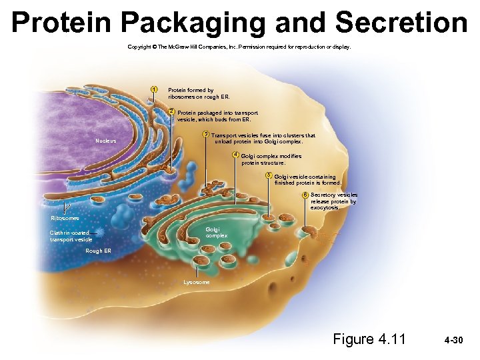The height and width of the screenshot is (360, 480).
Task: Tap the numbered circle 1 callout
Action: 153,89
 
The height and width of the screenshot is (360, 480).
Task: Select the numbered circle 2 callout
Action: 171,111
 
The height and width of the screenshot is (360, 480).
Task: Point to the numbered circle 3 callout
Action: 205,135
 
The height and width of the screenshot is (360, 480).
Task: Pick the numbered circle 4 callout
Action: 235,155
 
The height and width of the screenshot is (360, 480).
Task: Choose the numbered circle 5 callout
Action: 268,175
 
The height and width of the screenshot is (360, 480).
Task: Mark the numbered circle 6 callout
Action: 304,195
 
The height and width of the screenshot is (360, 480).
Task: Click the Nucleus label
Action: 105,141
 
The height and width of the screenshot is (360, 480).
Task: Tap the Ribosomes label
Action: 65,218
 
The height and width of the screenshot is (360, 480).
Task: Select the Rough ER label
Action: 99,251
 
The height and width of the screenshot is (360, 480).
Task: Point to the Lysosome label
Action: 196,282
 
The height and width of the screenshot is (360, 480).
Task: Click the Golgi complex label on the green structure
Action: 216,232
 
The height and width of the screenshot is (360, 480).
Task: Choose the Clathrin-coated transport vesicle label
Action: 71,235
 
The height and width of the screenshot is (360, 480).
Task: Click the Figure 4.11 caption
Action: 369,339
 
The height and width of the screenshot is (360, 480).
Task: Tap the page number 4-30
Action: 453,340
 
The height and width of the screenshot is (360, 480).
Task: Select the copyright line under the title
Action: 239,47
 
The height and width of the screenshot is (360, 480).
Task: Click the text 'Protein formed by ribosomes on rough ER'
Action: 191,93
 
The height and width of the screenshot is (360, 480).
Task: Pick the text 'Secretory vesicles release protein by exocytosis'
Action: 333,201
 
